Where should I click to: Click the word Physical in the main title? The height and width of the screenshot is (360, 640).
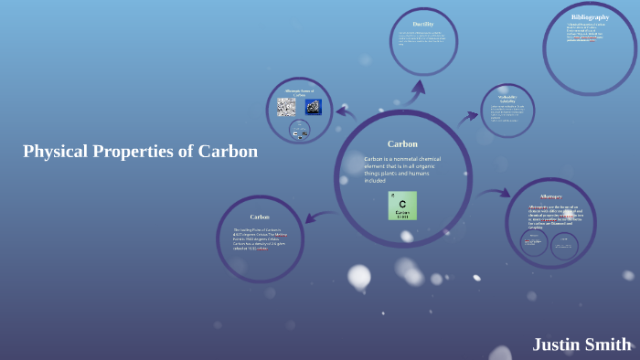pyautogui.click(x=56, y=152)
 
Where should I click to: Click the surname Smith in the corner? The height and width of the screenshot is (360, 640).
pyautogui.click(x=610, y=344)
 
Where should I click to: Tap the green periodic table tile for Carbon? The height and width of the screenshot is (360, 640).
pyautogui.click(x=402, y=206)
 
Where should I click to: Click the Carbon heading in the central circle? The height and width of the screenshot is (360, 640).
pyautogui.click(x=402, y=143)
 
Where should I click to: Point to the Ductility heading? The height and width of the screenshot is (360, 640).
pyautogui.click(x=423, y=25)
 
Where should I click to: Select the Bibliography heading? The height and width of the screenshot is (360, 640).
pyautogui.click(x=590, y=17)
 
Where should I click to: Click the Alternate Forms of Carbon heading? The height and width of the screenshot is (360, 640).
pyautogui.click(x=299, y=91)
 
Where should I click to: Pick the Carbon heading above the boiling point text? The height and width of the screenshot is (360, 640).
pyautogui.click(x=260, y=217)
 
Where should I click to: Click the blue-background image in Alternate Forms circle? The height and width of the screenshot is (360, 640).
pyautogui.click(x=313, y=107)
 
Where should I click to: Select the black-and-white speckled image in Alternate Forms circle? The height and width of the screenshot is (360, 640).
pyautogui.click(x=286, y=107)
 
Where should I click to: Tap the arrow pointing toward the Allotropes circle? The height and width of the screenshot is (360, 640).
pyautogui.click(x=494, y=194)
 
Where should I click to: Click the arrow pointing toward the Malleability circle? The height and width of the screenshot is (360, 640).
pyautogui.click(x=469, y=116)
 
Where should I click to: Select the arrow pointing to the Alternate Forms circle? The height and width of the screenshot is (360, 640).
pyautogui.click(x=345, y=113)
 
